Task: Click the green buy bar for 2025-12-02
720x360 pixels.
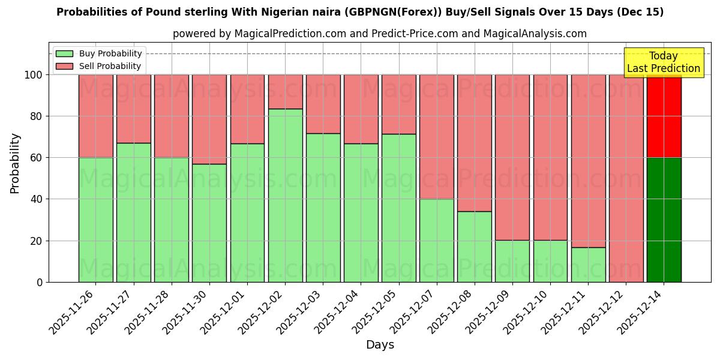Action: click(x=285, y=196)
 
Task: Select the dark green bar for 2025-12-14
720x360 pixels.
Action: click(x=664, y=220)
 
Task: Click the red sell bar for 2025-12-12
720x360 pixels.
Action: click(x=626, y=178)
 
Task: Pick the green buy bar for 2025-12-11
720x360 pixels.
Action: click(x=588, y=265)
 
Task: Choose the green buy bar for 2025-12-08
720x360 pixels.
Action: click(x=474, y=247)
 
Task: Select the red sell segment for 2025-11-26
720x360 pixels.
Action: click(x=95, y=116)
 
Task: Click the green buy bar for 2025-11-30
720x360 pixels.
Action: click(x=209, y=223)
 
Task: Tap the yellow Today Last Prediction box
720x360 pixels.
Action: click(x=663, y=62)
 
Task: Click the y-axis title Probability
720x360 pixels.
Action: click(x=16, y=163)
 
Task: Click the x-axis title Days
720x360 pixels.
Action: click(x=380, y=345)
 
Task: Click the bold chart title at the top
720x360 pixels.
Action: click(x=360, y=13)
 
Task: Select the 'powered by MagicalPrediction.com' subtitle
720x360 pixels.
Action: click(x=379, y=34)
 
